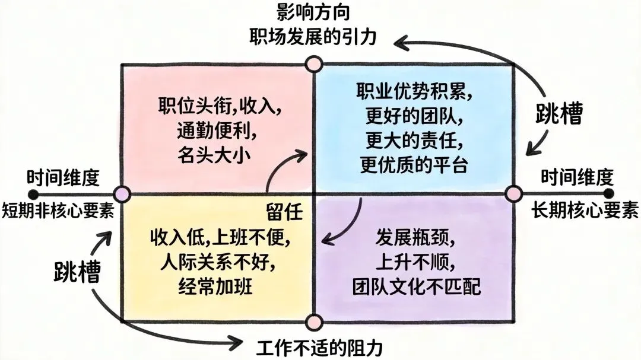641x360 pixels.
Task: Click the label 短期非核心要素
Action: click(58, 212)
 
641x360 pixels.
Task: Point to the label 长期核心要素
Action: click(585, 212)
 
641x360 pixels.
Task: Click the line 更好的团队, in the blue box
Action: click(414, 117)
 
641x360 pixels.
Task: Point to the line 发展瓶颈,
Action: click(415, 238)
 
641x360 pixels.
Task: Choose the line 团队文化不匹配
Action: click(415, 287)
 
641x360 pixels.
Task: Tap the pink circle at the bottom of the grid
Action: click(313, 322)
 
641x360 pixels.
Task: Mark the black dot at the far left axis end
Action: click(34, 194)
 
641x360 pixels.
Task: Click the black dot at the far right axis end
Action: click(607, 194)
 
